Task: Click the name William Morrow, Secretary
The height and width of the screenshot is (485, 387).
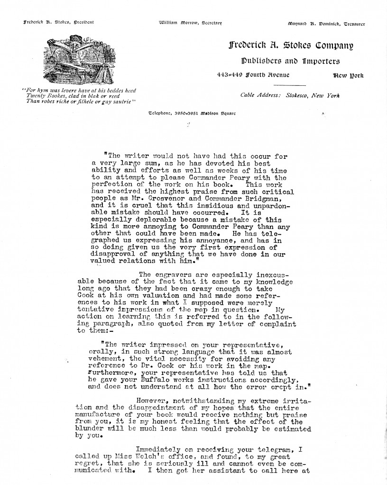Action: click(x=190, y=23)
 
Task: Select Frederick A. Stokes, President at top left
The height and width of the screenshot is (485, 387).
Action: click(x=52, y=22)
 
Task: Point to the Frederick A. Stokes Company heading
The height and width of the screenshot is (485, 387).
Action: click(x=291, y=46)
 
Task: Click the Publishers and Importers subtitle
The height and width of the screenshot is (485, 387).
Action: click(x=290, y=61)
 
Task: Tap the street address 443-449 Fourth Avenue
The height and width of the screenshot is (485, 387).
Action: click(x=252, y=75)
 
